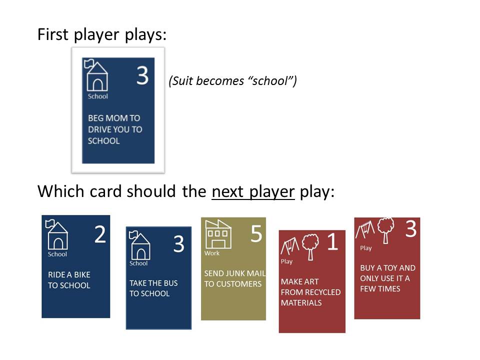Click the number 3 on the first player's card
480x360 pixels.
142,75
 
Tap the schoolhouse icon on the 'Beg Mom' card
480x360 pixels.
97,75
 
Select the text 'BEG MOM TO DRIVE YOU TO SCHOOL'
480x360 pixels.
115,129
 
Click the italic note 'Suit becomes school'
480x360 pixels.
232,81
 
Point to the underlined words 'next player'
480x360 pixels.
253,191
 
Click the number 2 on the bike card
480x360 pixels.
100,234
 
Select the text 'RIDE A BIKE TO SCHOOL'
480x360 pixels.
69,280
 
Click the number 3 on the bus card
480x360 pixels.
178,243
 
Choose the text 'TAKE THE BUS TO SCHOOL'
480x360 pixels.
153,288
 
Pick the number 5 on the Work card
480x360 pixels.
256,233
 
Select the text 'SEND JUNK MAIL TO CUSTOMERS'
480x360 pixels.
234,279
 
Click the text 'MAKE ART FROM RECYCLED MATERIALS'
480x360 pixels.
310,292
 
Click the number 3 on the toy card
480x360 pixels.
410,229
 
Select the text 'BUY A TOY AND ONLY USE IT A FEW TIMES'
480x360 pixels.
387,278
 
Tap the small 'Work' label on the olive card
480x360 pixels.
211,253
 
